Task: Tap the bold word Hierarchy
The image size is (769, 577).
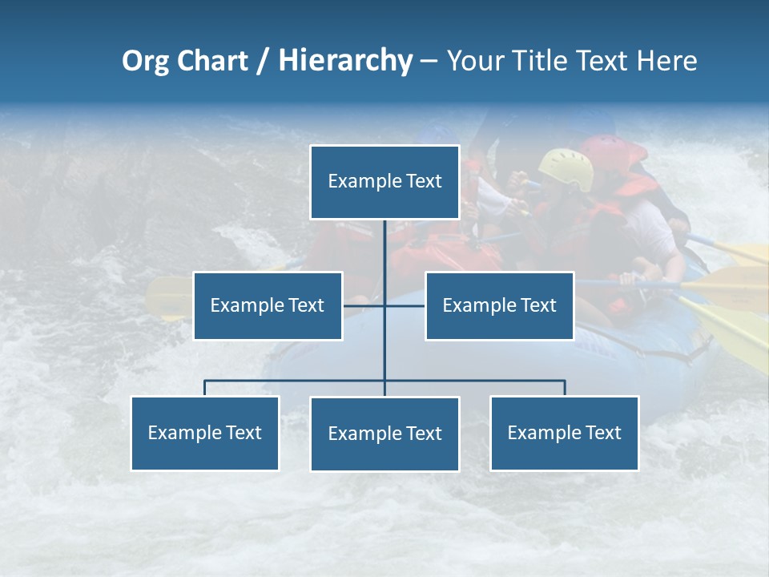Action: (x=345, y=61)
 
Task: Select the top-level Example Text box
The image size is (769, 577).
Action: (x=384, y=182)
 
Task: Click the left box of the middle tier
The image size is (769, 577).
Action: (x=268, y=305)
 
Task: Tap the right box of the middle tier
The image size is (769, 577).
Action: (x=499, y=305)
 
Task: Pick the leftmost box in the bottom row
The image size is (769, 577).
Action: (x=204, y=433)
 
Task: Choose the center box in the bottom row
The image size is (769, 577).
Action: (x=384, y=434)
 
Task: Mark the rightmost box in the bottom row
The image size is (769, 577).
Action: (x=564, y=433)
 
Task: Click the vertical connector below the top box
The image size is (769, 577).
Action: (x=384, y=248)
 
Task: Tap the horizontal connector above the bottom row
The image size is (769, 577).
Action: (x=296, y=381)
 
